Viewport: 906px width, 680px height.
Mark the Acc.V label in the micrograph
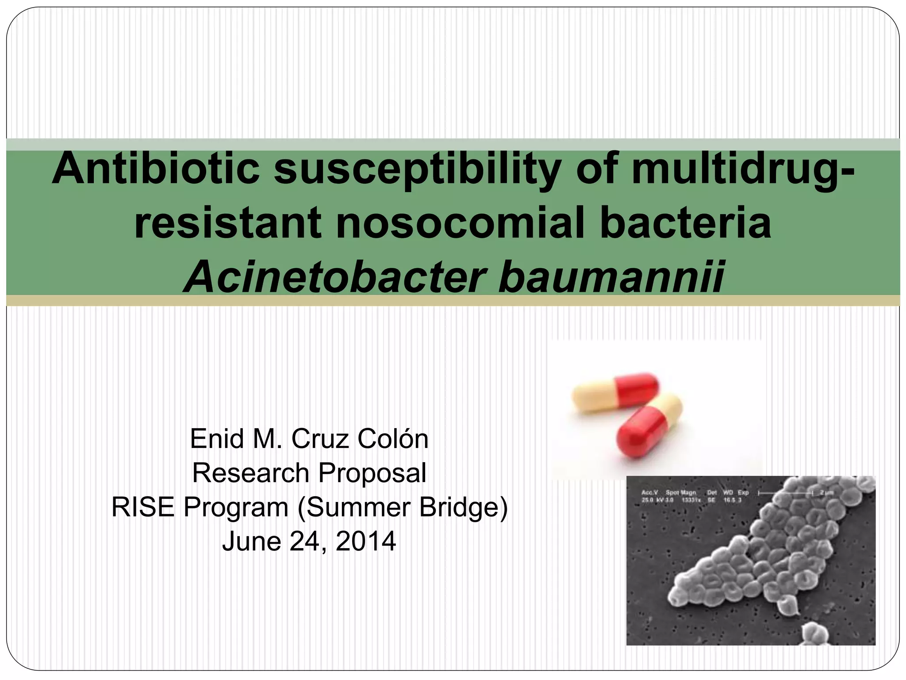click(649, 492)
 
